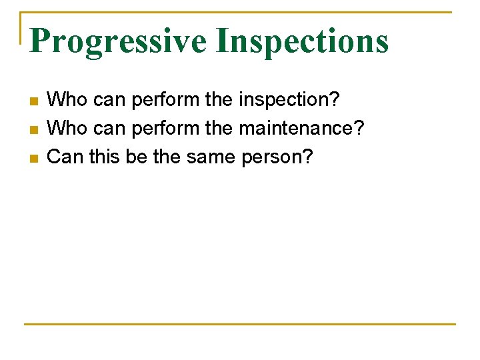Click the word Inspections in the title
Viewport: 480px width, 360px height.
point(302,41)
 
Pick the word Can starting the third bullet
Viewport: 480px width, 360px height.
point(63,157)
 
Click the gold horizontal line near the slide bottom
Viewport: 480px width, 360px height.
point(240,325)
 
